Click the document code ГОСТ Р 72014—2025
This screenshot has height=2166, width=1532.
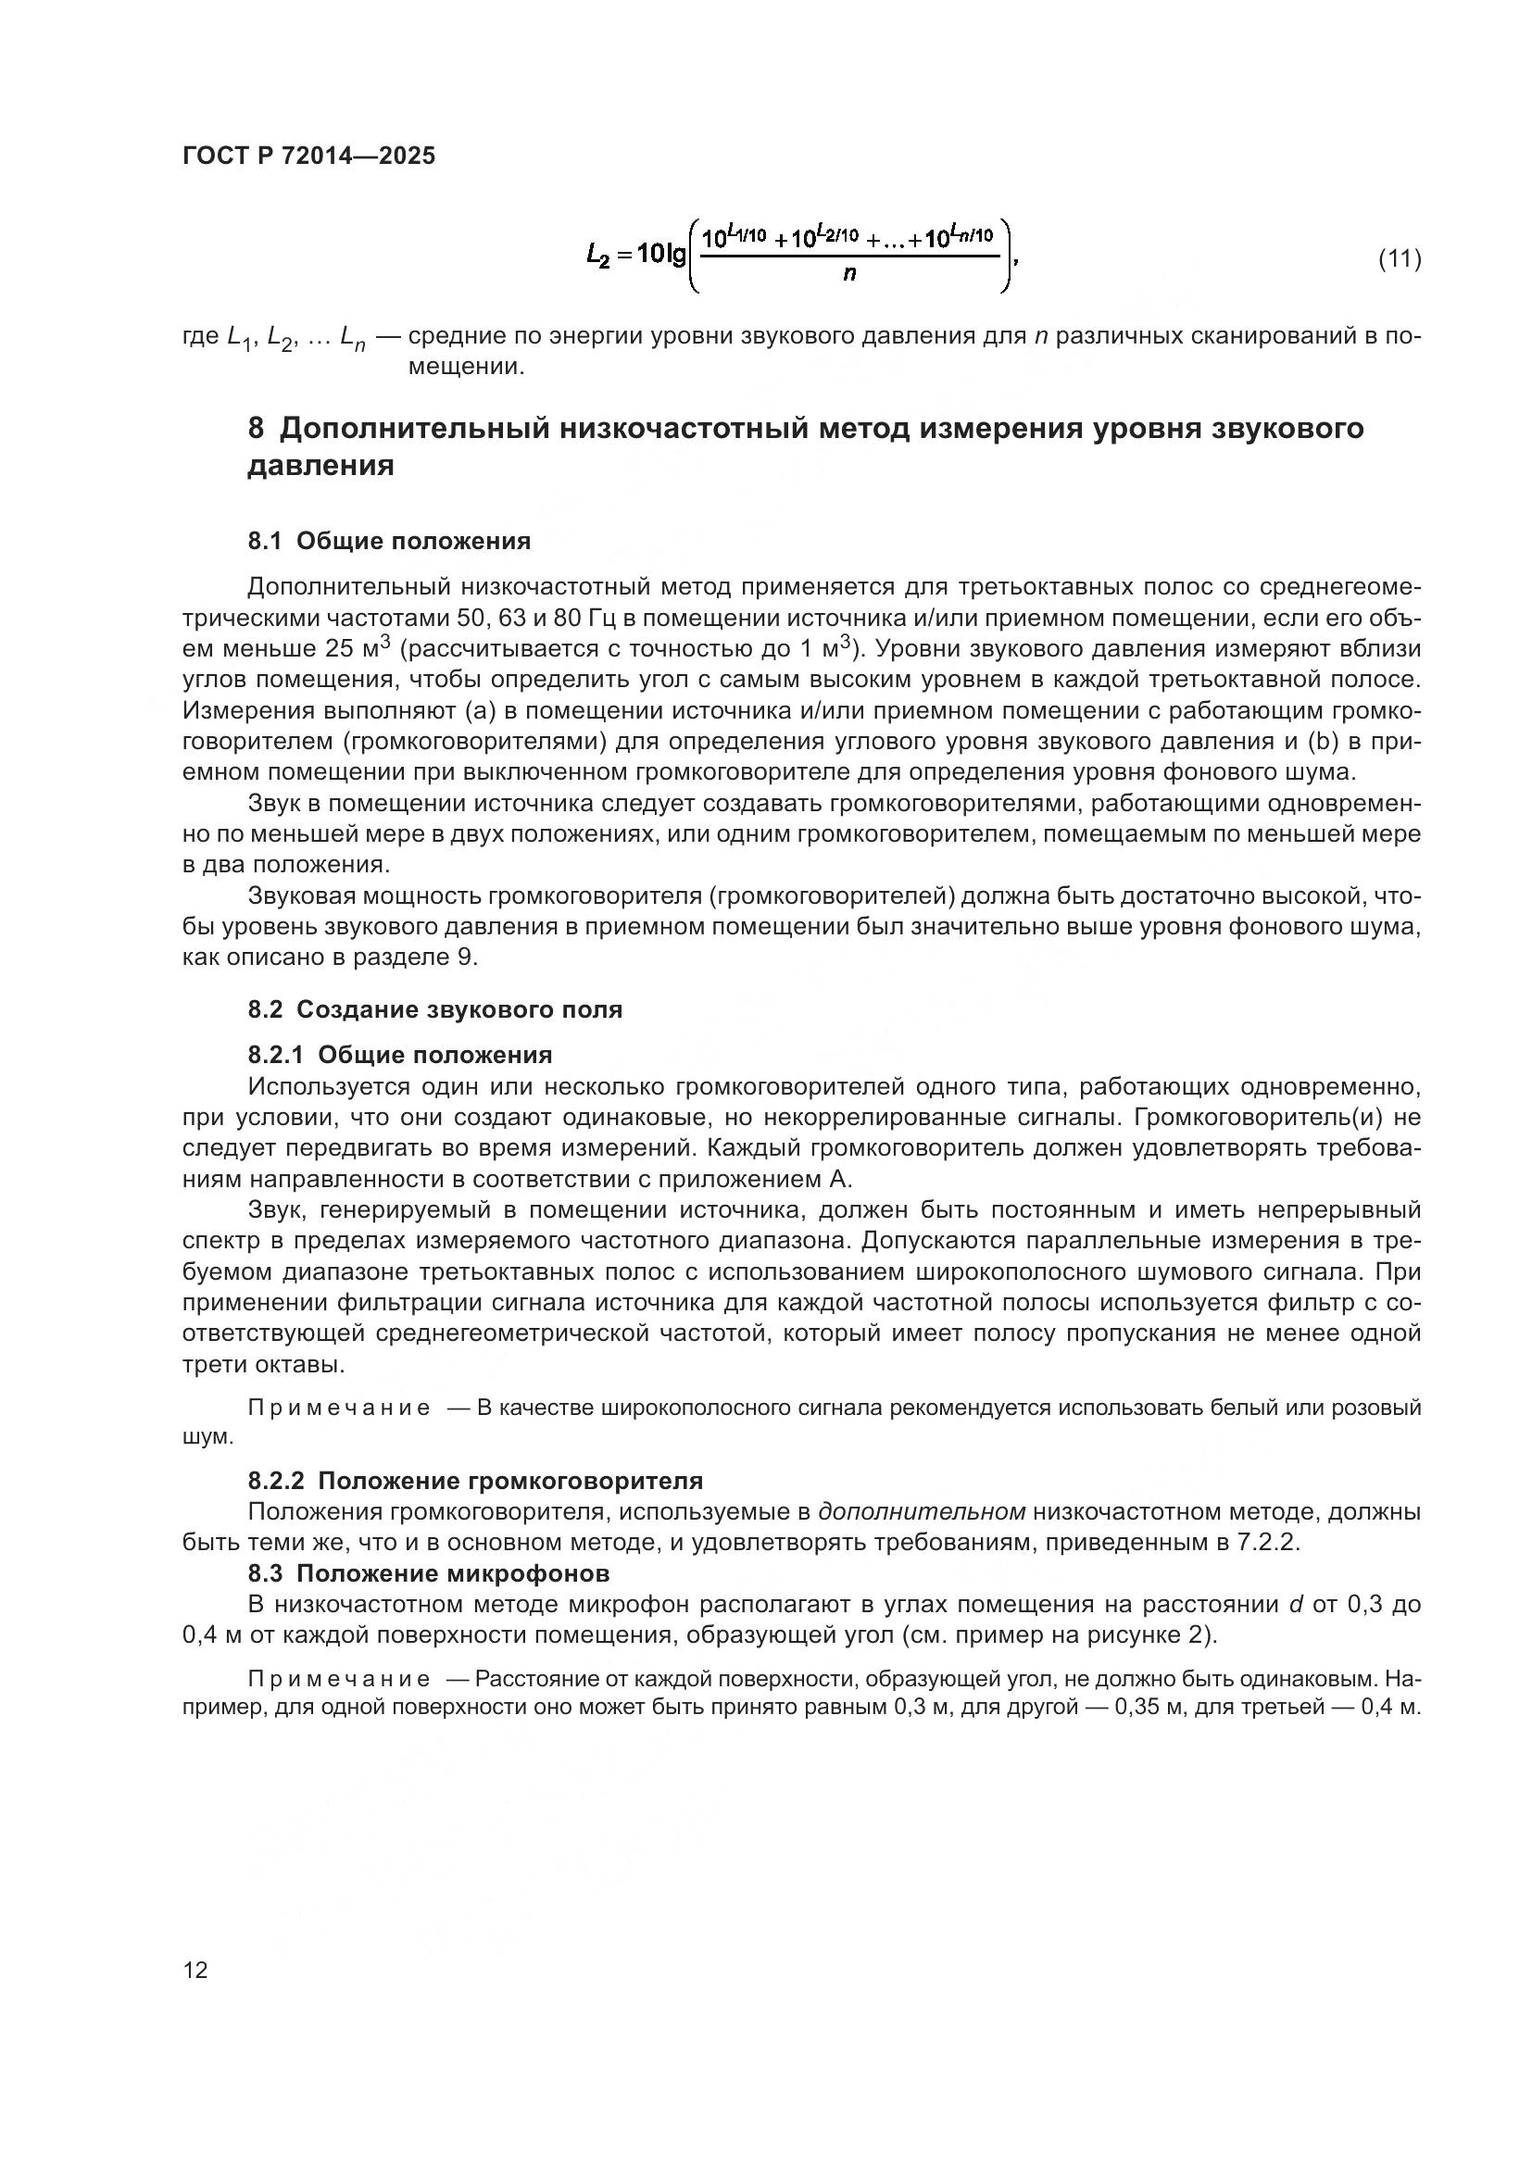[308, 157]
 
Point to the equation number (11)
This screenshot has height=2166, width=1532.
[1399, 258]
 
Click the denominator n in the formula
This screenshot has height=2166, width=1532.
[849, 276]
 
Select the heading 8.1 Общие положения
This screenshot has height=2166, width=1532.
[389, 542]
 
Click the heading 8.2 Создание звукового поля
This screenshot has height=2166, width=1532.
[435, 1010]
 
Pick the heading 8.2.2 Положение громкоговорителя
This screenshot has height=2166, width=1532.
[475, 1480]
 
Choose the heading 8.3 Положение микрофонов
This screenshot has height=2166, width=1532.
[428, 1573]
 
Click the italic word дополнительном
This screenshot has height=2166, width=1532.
[922, 1512]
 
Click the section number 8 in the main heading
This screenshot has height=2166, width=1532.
[257, 430]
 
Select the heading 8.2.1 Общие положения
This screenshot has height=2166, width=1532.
[400, 1055]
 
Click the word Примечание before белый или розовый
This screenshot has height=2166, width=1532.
[339, 1409]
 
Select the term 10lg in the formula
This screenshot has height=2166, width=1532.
[661, 254]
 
